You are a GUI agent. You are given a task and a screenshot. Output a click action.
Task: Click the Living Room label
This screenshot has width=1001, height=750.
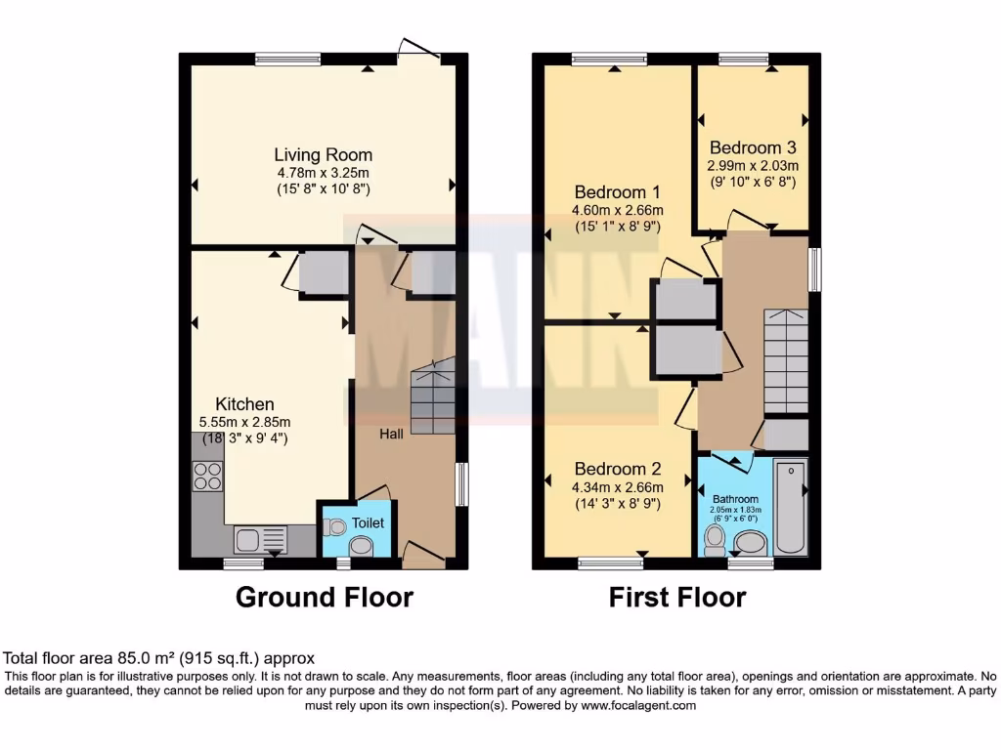pyautogui.click(x=323, y=154)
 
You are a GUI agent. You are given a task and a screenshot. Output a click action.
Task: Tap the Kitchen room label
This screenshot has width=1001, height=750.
pyautogui.click(x=244, y=403)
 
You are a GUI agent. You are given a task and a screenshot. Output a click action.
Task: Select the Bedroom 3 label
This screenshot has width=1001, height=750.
pyautogui.click(x=753, y=147)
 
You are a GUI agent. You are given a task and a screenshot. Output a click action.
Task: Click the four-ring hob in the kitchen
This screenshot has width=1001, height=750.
pyautogui.click(x=207, y=476)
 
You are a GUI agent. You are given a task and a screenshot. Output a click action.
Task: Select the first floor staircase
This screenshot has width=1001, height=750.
pyautogui.click(x=786, y=361)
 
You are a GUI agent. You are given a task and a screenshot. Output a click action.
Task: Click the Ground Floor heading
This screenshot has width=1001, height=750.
pyautogui.click(x=325, y=597)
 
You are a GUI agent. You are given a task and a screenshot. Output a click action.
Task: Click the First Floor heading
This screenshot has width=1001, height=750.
pyautogui.click(x=677, y=597)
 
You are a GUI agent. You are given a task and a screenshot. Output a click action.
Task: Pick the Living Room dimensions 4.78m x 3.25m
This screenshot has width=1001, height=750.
pyautogui.click(x=323, y=173)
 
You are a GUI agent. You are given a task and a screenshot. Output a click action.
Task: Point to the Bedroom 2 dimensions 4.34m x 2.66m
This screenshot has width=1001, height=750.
pyautogui.click(x=618, y=487)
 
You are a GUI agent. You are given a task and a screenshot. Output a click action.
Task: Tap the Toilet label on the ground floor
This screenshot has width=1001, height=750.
pyautogui.click(x=369, y=523)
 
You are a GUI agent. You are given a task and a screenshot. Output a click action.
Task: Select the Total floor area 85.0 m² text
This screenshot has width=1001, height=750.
pyautogui.click(x=159, y=659)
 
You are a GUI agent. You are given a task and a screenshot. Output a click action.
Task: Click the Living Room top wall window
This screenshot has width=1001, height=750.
pyautogui.click(x=287, y=59)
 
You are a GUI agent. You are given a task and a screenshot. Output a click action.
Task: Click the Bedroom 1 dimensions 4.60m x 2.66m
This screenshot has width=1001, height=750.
pyautogui.click(x=618, y=210)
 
